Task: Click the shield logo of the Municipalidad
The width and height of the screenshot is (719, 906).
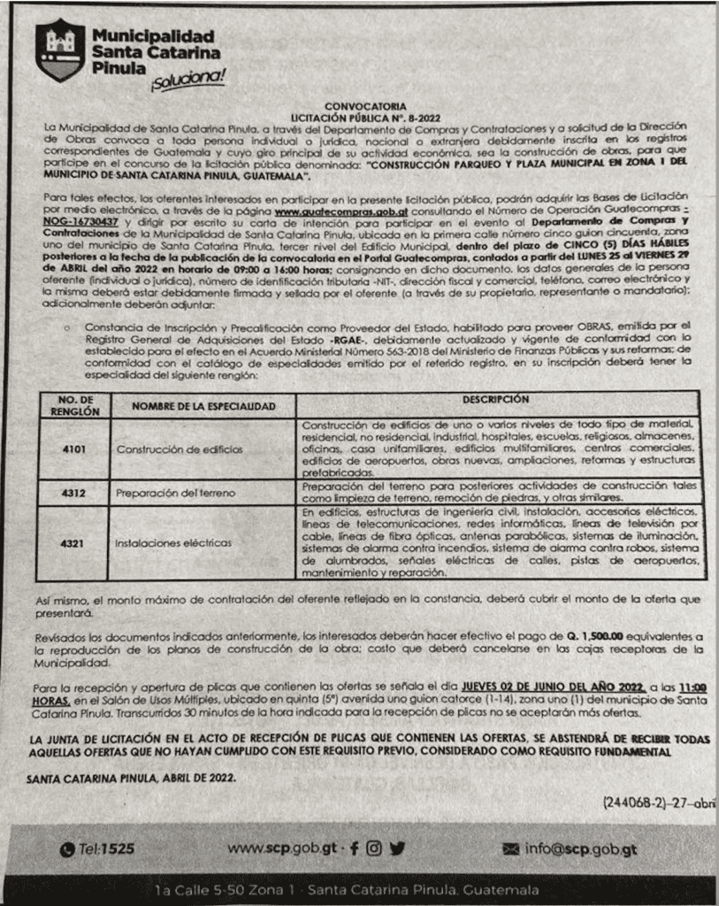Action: tap(61, 50)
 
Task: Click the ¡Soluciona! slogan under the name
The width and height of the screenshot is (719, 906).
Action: tap(187, 81)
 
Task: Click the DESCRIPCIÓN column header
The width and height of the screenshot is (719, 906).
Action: tap(501, 400)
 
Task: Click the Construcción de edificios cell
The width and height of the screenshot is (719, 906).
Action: tap(180, 449)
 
